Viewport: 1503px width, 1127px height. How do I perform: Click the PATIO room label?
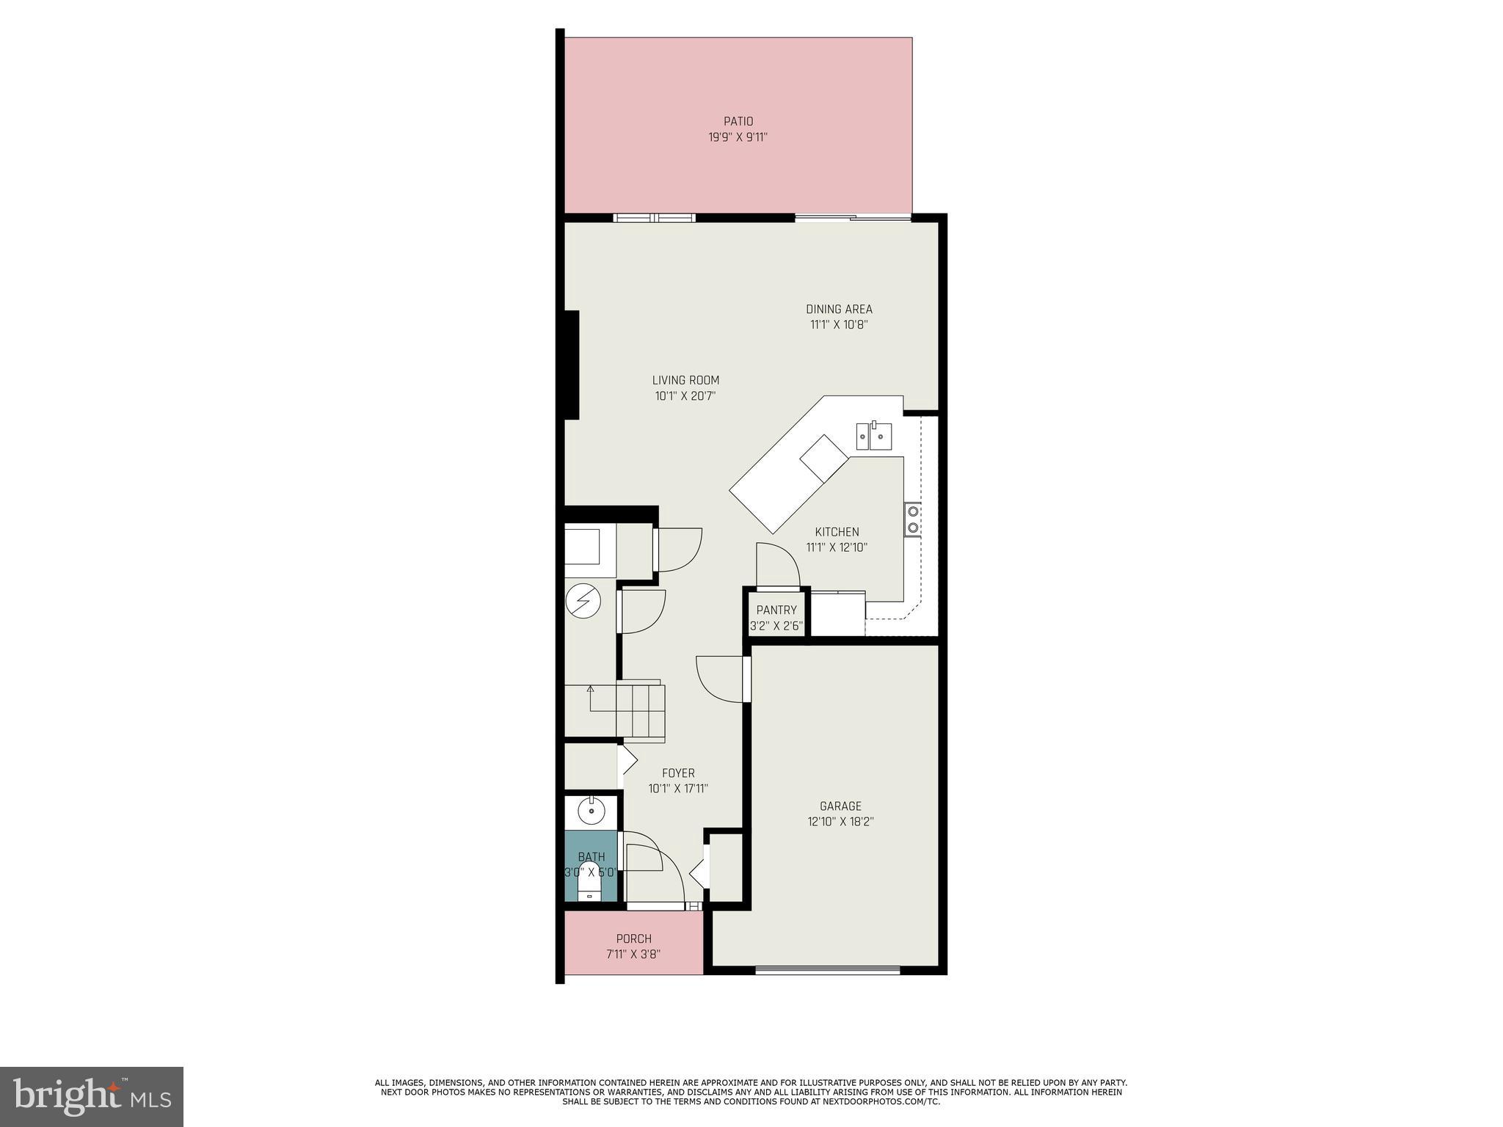738,121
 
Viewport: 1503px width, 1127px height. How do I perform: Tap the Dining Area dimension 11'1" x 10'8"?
839,325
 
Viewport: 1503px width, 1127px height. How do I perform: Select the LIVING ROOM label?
685,380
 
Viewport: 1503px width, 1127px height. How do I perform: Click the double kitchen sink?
874,436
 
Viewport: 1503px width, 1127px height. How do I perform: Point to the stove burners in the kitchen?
913,519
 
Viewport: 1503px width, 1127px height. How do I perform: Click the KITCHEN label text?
837,532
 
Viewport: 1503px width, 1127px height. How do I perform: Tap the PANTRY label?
776,610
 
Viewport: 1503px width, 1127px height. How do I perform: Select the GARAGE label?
840,806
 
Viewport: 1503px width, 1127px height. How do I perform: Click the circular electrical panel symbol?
583,602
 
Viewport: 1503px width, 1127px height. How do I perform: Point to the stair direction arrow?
590,689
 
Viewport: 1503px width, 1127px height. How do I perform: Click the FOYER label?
678,773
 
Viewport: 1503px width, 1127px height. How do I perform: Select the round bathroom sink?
591,811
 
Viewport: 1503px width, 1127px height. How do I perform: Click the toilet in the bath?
589,889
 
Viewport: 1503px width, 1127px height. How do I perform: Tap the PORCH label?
633,938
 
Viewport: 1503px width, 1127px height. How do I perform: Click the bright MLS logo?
91,1096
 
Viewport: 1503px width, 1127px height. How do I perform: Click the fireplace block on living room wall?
572,365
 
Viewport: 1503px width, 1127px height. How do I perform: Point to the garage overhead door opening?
827,971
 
